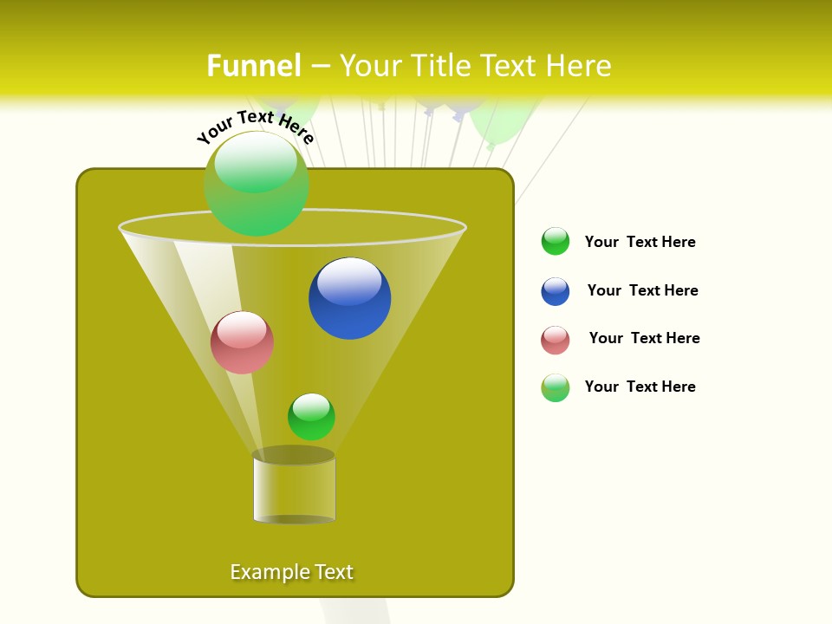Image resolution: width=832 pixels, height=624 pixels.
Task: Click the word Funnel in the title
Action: tap(254, 66)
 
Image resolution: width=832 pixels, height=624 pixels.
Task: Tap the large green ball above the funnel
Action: tap(257, 184)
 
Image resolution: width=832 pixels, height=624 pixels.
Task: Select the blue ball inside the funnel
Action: tap(350, 299)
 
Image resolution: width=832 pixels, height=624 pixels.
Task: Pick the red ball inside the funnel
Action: tap(242, 343)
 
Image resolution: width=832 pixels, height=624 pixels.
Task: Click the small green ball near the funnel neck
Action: tap(311, 417)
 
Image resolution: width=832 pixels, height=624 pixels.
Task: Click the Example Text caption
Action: tap(292, 572)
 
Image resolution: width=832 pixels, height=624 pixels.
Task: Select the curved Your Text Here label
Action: tap(255, 126)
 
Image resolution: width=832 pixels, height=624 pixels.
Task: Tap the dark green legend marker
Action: tap(556, 242)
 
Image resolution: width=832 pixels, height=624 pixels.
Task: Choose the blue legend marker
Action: tap(556, 291)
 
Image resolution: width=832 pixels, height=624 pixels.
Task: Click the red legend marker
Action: tap(556, 340)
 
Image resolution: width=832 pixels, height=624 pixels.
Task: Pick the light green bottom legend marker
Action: tap(556, 387)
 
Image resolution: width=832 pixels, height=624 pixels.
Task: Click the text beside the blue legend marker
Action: tap(642, 290)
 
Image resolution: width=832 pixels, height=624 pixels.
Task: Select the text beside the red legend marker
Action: tap(644, 338)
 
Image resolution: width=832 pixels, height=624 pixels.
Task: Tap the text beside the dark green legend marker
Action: tap(640, 242)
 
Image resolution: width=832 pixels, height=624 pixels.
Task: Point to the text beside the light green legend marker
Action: tap(640, 387)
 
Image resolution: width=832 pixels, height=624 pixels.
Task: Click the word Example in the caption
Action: tap(263, 572)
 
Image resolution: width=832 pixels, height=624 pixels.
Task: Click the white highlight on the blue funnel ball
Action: tap(349, 282)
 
